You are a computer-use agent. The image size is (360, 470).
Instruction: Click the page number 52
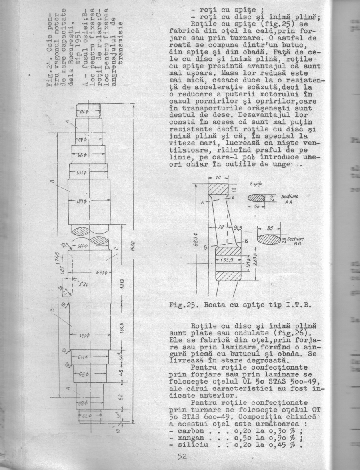(182, 456)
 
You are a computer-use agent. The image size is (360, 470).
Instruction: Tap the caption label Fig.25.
(182, 307)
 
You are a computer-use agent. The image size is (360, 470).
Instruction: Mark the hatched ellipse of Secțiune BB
(269, 239)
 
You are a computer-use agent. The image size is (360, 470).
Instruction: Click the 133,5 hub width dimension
(226, 259)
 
